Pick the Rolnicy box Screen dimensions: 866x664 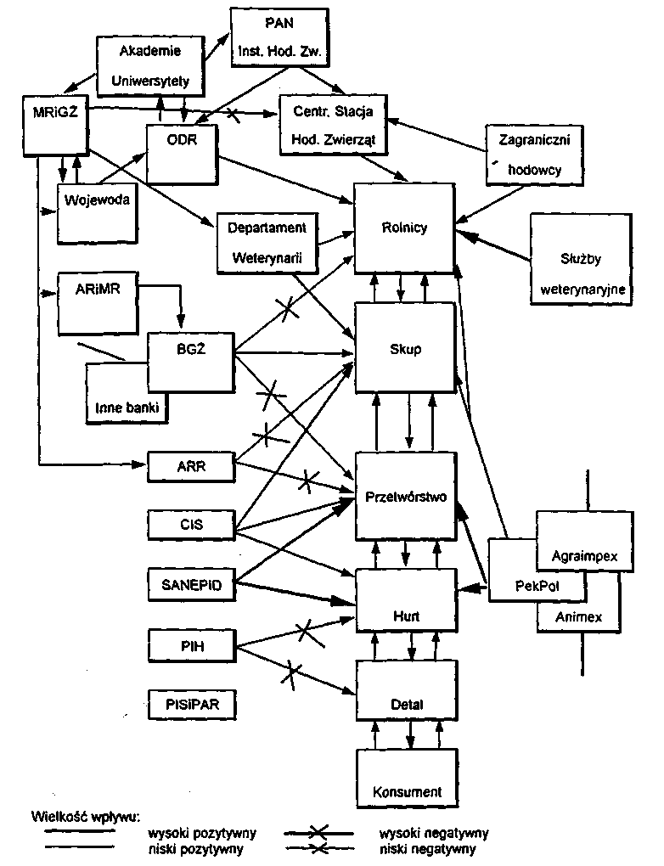point(404,228)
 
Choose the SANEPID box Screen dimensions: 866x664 point(189,583)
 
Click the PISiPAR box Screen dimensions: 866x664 point(189,704)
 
